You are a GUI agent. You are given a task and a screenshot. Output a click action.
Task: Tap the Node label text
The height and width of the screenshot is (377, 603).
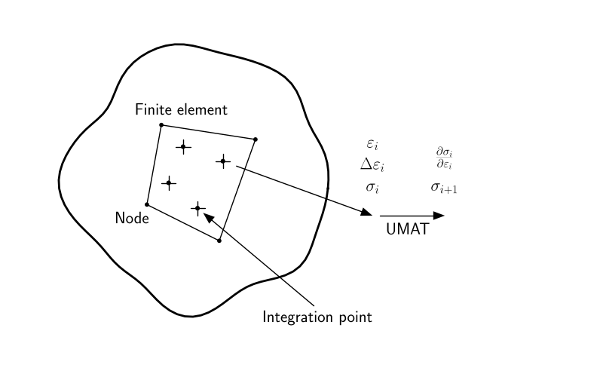point(132,218)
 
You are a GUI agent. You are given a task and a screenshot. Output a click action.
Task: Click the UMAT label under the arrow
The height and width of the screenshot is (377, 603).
point(407,230)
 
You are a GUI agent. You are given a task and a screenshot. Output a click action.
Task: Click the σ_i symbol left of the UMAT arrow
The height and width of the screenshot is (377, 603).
point(372,186)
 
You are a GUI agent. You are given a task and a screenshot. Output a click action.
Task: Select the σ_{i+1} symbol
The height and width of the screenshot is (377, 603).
point(445,186)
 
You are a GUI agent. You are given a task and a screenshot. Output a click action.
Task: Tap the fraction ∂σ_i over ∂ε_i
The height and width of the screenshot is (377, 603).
point(445,158)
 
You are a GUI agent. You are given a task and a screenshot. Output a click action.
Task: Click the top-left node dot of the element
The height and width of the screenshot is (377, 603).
point(161,124)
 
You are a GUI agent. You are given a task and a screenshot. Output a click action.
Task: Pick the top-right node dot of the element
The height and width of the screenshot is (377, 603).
point(256,139)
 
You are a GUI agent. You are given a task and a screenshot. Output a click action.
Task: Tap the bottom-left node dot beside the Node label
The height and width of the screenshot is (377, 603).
point(147,204)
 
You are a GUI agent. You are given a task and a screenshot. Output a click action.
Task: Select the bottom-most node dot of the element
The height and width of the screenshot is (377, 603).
point(219,241)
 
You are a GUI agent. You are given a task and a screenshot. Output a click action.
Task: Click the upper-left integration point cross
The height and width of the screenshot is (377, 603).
point(182,147)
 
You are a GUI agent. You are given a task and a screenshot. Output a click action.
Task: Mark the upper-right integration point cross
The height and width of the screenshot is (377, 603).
point(223,161)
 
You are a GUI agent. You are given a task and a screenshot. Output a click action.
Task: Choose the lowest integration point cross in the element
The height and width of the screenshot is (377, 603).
point(197,208)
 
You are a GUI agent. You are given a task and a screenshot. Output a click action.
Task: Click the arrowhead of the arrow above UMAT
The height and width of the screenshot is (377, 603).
point(439,216)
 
